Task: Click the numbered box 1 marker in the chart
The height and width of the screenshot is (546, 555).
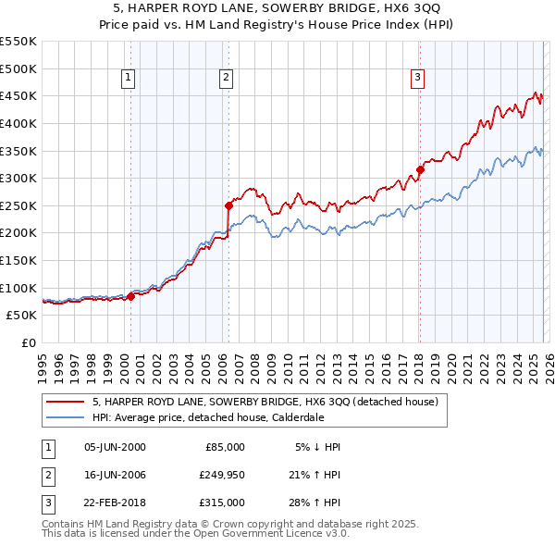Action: tap(128, 79)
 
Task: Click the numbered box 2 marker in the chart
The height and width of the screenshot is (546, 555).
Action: tap(226, 79)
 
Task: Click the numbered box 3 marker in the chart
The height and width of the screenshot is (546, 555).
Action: tap(417, 79)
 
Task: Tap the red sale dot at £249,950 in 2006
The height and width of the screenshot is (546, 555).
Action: tap(228, 205)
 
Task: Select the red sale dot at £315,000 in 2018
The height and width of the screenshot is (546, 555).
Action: tap(420, 169)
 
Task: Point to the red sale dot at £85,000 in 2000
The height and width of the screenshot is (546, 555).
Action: tap(130, 296)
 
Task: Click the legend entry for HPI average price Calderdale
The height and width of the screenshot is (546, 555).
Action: tap(207, 417)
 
